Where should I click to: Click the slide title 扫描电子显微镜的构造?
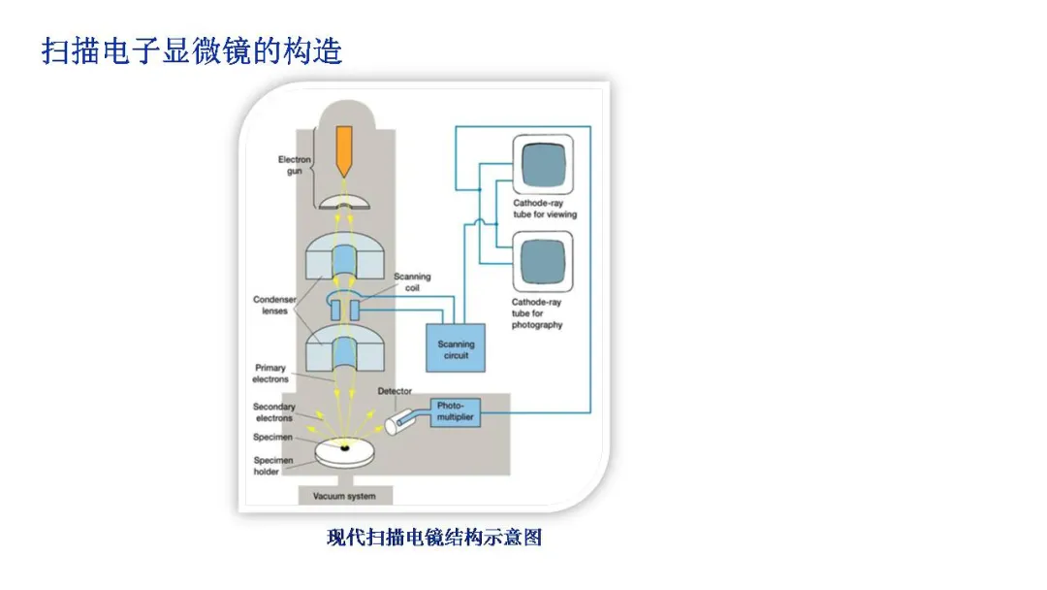click(192, 50)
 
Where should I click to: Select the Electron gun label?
click(295, 165)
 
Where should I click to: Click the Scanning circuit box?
click(456, 349)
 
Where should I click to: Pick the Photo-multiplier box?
click(453, 411)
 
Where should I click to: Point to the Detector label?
click(393, 391)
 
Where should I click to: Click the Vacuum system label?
click(339, 497)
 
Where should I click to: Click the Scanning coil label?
click(412, 282)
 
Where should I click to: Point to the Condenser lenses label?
click(274, 306)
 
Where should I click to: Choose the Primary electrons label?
click(271, 374)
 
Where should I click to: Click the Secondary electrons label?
click(274, 412)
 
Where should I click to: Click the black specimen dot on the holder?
click(344, 449)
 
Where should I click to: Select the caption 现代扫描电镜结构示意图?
click(433, 538)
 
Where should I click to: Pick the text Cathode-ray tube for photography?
click(537, 313)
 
